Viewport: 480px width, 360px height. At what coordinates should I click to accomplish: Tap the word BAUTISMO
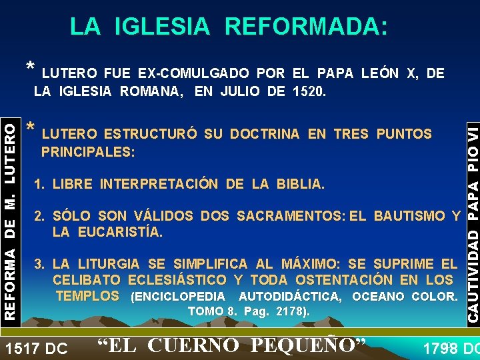point(409,216)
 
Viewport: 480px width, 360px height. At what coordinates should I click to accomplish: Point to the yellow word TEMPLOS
point(88,296)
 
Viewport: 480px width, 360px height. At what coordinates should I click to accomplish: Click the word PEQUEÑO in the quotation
point(313,346)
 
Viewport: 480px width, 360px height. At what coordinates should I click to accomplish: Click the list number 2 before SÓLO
point(39,216)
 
